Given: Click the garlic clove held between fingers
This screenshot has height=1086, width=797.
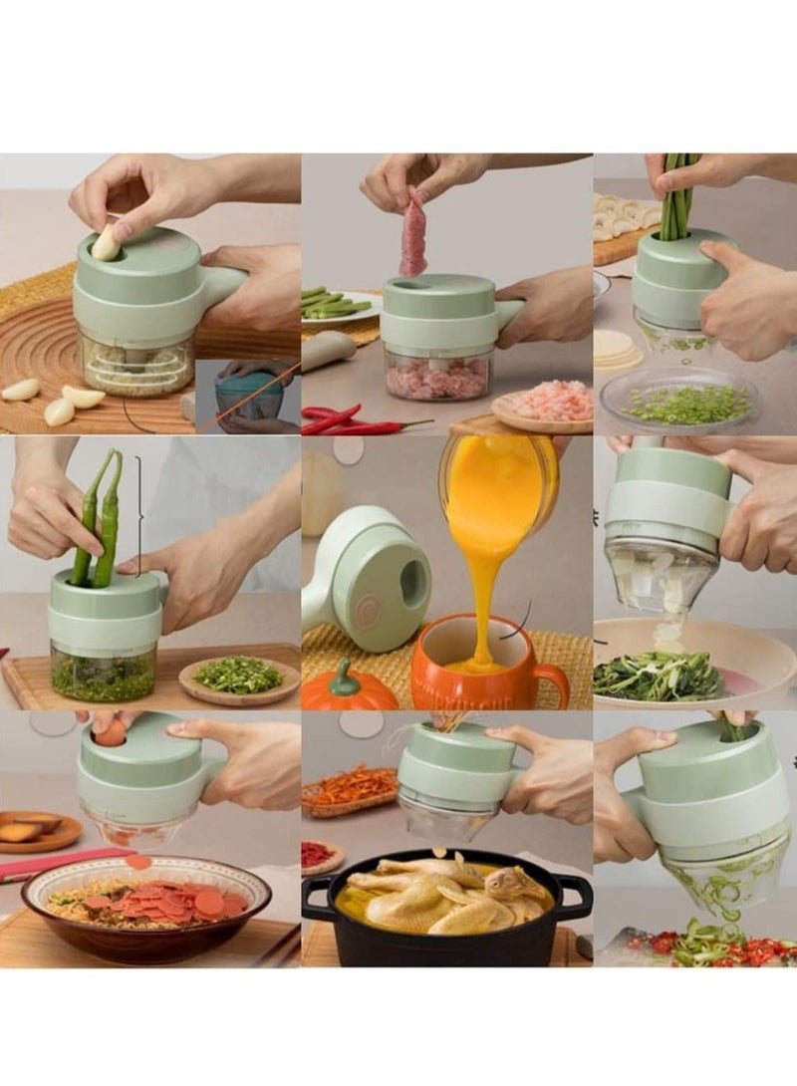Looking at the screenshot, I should pyautogui.click(x=107, y=242).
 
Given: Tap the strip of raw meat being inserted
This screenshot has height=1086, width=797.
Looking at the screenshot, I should pyautogui.click(x=413, y=234).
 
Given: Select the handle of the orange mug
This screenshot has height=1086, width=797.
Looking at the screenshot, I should pyautogui.click(x=551, y=684).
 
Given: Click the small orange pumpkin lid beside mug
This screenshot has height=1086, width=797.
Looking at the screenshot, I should pyautogui.click(x=347, y=687).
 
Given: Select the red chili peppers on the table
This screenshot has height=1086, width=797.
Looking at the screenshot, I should pyautogui.click(x=344, y=420).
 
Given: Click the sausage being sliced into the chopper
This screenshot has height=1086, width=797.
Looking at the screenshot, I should pyautogui.click(x=111, y=733).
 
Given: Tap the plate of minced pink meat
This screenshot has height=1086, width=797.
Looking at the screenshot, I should pyautogui.click(x=543, y=404).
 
